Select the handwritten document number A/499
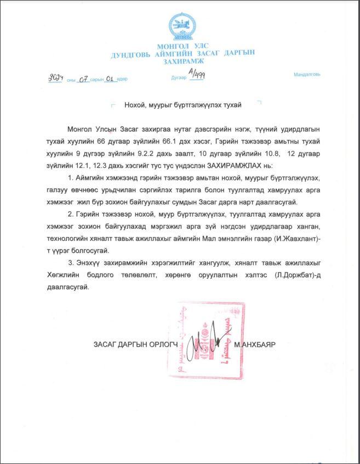point(197,75)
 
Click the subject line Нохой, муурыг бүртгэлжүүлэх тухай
point(184,104)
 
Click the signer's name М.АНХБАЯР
point(254,344)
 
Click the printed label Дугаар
point(179,78)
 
